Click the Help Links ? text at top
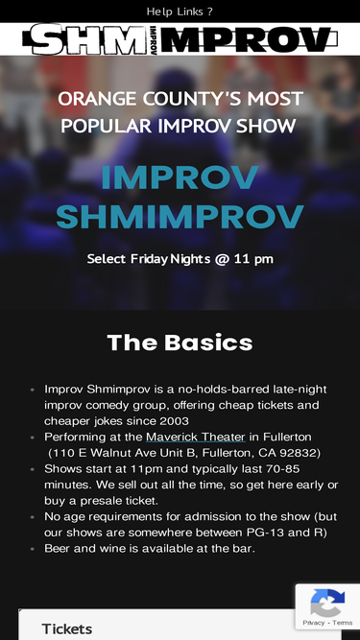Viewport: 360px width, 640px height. tap(180, 12)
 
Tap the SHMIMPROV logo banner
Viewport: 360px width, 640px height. tap(180, 39)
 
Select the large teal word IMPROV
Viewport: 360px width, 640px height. tap(180, 178)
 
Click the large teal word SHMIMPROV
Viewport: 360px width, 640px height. tap(180, 217)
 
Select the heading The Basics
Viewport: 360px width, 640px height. tap(180, 343)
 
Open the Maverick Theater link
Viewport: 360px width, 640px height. tap(195, 437)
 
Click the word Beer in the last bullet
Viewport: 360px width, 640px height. tap(60, 548)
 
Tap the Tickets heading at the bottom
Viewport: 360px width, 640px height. tap(67, 629)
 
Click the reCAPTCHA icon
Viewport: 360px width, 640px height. tap(327, 604)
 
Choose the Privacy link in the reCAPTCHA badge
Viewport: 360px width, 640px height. tap(314, 623)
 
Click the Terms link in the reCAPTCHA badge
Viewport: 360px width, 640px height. tap(343, 623)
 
